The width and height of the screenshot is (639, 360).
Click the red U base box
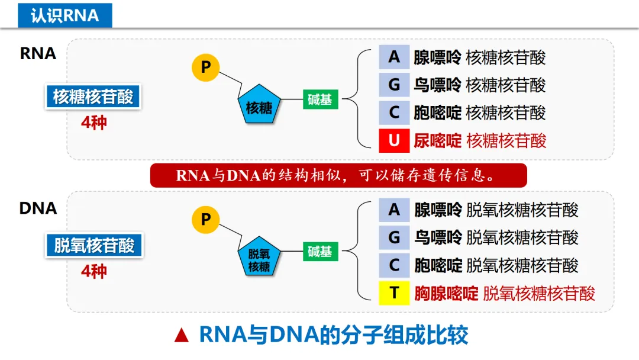tap(394, 140)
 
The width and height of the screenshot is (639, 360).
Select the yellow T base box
tap(394, 292)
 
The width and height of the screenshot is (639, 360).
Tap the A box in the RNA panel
tap(394, 57)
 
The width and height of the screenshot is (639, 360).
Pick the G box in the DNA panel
tap(394, 237)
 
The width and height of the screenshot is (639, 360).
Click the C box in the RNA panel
tap(394, 112)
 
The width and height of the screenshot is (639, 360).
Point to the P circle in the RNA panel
tap(206, 67)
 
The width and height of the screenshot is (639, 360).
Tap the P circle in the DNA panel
tap(206, 220)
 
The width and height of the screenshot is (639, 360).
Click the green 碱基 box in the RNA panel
tap(320, 99)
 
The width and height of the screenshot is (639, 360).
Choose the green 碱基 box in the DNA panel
tap(320, 251)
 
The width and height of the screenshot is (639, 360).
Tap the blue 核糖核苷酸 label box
tap(93, 97)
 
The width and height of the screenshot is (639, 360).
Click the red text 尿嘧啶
tap(437, 141)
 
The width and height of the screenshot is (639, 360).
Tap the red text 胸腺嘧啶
tap(446, 293)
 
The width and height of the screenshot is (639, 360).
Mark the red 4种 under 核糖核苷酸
tap(94, 123)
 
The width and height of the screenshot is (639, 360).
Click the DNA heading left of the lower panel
tap(38, 208)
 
